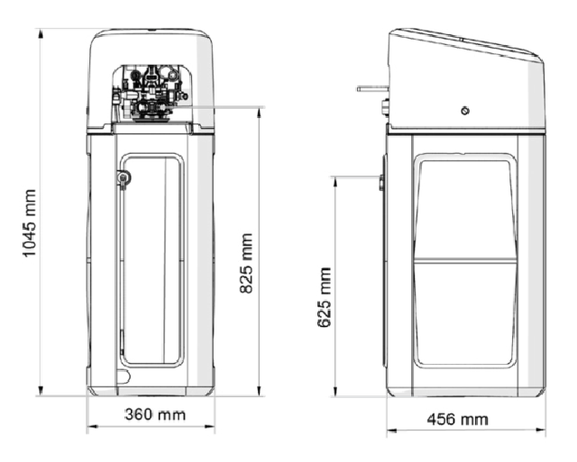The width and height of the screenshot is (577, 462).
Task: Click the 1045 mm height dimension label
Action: (x=30, y=223)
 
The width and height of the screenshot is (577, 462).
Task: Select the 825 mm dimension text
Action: (x=246, y=263)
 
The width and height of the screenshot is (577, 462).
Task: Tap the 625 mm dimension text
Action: (x=324, y=297)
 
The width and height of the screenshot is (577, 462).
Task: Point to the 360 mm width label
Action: (x=155, y=414)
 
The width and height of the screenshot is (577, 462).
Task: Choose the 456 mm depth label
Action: (x=457, y=420)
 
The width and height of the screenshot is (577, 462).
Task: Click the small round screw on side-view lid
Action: (x=465, y=111)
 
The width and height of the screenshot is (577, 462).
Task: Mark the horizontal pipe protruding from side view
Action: (x=372, y=88)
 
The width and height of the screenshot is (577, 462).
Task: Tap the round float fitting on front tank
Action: (x=124, y=178)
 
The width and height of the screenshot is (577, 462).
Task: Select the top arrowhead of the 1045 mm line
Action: (x=41, y=33)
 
